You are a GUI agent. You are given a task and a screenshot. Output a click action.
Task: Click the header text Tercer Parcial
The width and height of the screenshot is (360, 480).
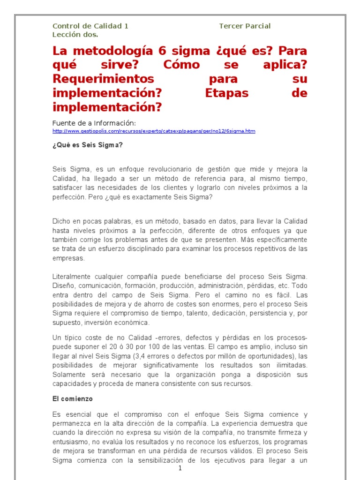pyautogui.click(x=245, y=26)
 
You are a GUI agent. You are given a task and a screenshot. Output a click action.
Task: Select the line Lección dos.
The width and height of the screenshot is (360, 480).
pyautogui.click(x=75, y=34)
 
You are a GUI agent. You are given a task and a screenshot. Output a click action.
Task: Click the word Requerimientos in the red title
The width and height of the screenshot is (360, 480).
pyautogui.click(x=103, y=78)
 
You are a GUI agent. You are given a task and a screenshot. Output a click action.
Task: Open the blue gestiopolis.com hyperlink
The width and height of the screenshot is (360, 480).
pyautogui.click(x=154, y=131)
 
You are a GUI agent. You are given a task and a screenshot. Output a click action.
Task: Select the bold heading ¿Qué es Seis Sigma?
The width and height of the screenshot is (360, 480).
pyautogui.click(x=88, y=145)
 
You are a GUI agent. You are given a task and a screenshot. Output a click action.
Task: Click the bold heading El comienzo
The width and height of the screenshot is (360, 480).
pyautogui.click(x=73, y=399)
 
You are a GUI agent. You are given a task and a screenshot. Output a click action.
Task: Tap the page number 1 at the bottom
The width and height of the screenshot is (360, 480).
pyautogui.click(x=180, y=469)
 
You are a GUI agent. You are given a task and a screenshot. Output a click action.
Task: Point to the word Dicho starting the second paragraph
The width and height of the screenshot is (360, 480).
pyautogui.click(x=61, y=221)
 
